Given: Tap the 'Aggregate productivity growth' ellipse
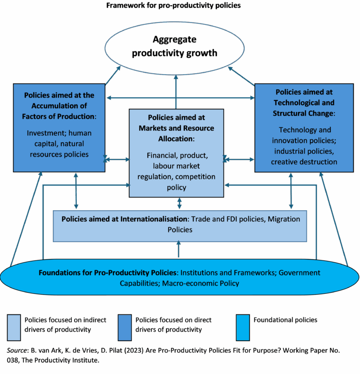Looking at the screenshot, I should [x=174, y=46].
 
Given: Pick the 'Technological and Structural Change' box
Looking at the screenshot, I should [x=304, y=127].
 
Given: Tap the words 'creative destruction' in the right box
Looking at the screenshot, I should [x=304, y=162].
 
